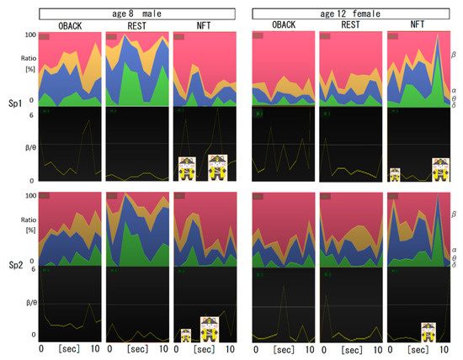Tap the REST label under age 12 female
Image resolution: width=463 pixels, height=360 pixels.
click(351, 24)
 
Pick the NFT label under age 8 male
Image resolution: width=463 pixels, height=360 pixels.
click(202, 24)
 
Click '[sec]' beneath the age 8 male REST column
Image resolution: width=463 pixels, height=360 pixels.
click(136, 349)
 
